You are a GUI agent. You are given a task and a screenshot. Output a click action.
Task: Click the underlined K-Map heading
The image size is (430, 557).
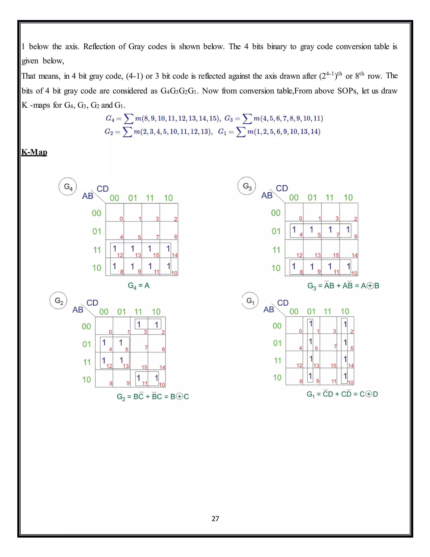coord(34,152)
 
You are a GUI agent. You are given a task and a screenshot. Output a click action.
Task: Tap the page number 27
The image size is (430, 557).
coord(215,519)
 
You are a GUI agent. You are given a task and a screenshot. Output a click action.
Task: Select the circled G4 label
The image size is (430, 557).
coord(68,187)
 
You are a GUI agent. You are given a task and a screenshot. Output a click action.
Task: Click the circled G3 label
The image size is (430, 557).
coord(246,186)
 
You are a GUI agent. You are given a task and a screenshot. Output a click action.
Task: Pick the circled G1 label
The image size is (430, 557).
coord(250,301)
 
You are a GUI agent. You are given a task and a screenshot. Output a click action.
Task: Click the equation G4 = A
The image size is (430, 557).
coord(139,286)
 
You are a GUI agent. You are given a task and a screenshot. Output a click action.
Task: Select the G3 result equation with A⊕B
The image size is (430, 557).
coord(343,286)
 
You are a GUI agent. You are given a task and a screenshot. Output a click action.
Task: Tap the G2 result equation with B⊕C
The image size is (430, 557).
coord(153,397)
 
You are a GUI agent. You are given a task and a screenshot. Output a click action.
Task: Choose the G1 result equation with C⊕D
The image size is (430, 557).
coord(342,394)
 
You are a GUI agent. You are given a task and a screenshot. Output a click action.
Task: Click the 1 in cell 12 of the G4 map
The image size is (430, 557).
coord(115,248)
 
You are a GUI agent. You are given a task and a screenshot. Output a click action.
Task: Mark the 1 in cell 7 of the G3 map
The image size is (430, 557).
coord(330,230)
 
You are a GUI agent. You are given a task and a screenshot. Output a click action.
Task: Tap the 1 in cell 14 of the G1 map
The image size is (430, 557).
coord(345,359)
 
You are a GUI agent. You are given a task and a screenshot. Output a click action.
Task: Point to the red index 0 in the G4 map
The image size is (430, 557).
coord(121,219)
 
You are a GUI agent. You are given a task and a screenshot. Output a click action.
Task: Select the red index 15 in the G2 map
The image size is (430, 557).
coord(144,367)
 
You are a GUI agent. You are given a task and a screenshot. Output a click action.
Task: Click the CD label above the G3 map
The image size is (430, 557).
coord(282,189)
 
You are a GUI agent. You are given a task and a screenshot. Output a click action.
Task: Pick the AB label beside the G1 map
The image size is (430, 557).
coord(269,310)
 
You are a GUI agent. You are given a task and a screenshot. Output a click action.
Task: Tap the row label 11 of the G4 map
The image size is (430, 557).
coord(97,250)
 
